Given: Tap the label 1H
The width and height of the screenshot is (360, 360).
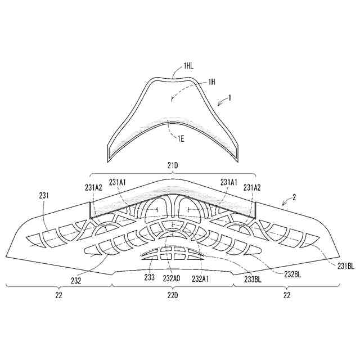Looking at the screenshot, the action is coord(212,82).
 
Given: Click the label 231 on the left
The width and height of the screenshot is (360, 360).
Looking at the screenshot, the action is coord(46,195).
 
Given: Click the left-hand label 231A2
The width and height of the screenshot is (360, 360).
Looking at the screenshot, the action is coord(93,188).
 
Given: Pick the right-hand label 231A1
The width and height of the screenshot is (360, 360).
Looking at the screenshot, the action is coord(229,182).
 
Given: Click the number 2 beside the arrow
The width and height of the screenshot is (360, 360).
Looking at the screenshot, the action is coord(294,197).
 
